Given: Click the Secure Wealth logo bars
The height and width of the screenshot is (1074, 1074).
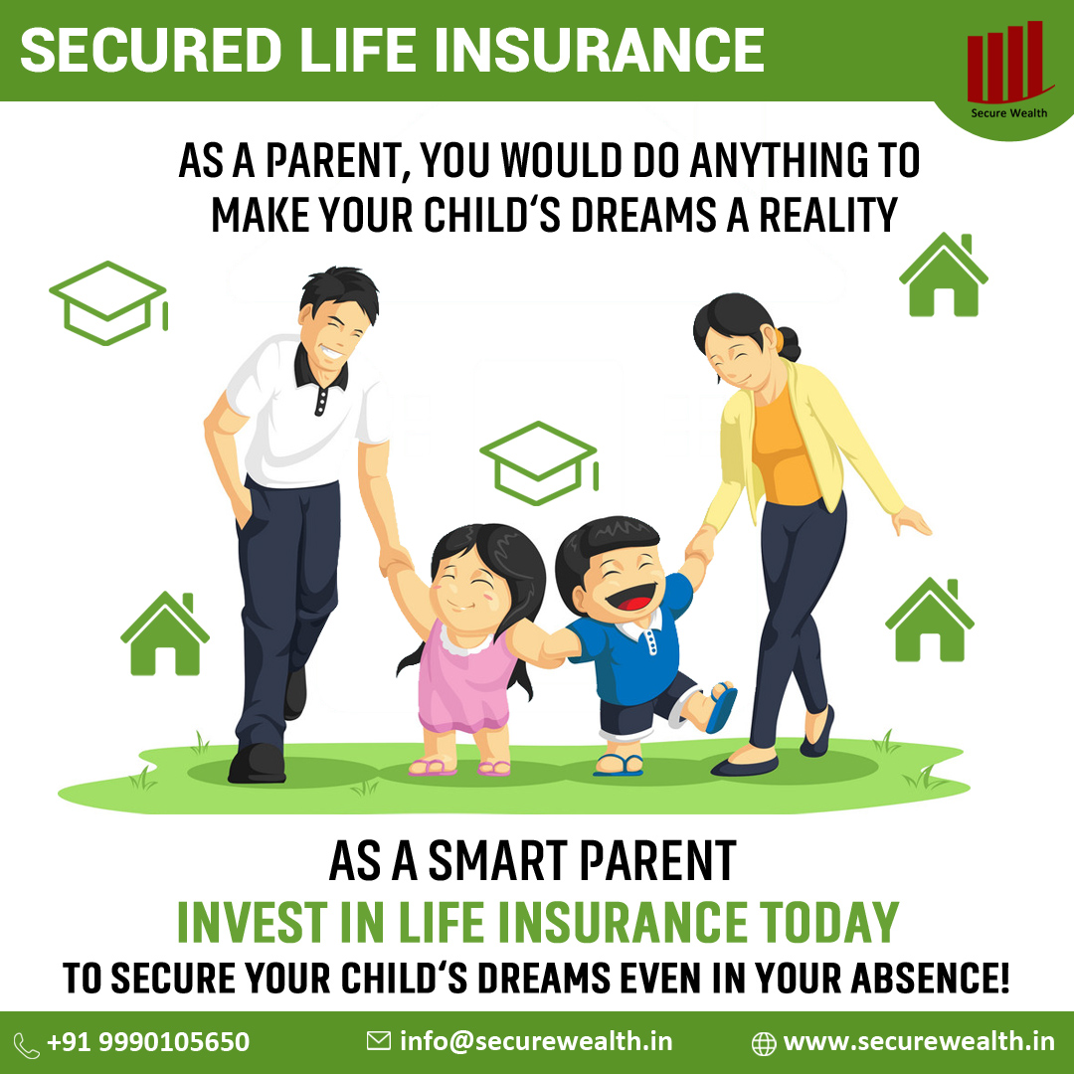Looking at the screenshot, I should pyautogui.click(x=1005, y=63).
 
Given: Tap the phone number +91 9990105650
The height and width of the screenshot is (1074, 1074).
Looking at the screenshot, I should pyautogui.click(x=148, y=1042).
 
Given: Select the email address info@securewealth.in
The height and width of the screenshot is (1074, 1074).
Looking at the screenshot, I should pyautogui.click(x=536, y=1041).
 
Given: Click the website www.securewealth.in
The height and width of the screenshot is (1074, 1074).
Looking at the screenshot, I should pyautogui.click(x=919, y=1041).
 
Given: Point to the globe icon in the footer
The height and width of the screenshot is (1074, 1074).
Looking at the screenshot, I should pyautogui.click(x=764, y=1043).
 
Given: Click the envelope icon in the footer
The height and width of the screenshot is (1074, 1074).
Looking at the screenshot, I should pyautogui.click(x=379, y=1041).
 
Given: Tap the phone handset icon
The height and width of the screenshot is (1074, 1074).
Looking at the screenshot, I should pyautogui.click(x=27, y=1044).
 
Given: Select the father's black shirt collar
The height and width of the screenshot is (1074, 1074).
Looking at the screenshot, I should pyautogui.click(x=320, y=372).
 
